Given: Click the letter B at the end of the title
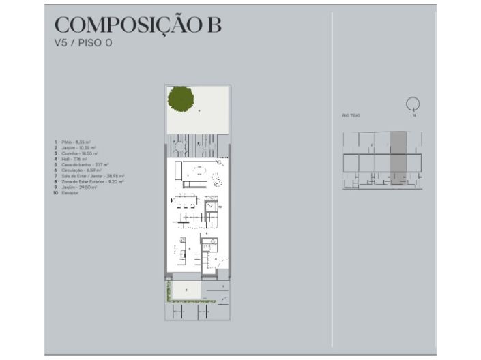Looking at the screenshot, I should click(213, 25).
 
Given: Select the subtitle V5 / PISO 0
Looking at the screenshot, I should click(83, 43).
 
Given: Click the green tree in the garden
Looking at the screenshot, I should click(181, 100).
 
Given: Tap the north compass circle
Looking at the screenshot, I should click(412, 104).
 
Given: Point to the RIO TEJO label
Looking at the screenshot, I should click(351, 116).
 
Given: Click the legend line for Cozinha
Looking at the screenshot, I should click(76, 153).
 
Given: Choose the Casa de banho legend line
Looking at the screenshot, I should click(79, 164).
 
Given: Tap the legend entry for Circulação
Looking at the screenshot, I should click(77, 170).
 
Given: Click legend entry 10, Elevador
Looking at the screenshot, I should click(68, 193).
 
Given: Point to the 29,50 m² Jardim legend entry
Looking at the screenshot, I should click(76, 187).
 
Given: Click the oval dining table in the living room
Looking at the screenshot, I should click(197, 170).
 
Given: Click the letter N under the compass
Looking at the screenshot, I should click(413, 115).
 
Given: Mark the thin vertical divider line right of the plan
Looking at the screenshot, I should click(332, 177).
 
